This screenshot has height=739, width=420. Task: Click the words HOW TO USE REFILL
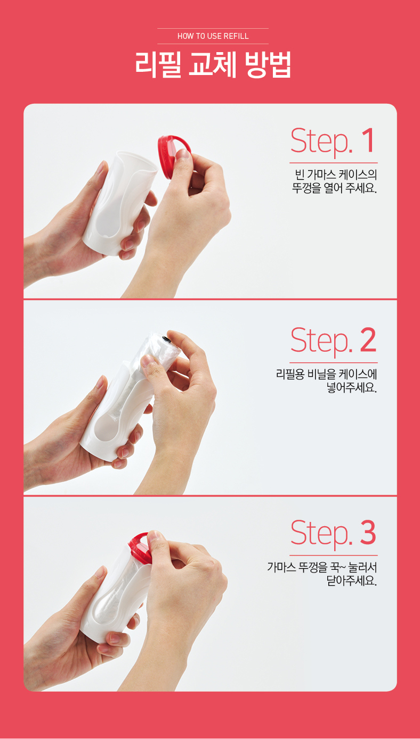coord(213,36)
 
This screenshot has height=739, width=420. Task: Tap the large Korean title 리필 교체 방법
coord(213,65)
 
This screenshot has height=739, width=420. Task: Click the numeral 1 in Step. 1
coord(368,141)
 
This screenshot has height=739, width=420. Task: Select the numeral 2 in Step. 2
coord(368,340)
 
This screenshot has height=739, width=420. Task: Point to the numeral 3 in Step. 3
coord(368,533)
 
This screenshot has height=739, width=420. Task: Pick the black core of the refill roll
coord(167,339)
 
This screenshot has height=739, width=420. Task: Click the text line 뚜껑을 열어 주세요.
coord(334,188)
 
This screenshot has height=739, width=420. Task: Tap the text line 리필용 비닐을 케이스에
coord(327,374)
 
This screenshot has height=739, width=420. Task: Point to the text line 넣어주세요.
coord(352,387)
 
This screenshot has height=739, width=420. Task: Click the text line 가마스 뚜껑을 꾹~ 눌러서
coord(322,567)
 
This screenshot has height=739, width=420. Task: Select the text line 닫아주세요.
coord(352,580)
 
